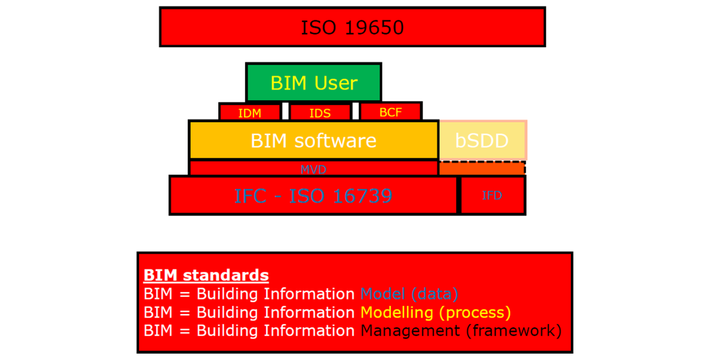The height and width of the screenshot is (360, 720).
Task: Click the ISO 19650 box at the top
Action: coord(352,26)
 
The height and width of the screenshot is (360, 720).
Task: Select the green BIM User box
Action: coord(314,82)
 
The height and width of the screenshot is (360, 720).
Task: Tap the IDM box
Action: coord(250,112)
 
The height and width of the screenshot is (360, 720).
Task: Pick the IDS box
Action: coord(320,112)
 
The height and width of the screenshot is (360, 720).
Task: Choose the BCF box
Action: coord(390,112)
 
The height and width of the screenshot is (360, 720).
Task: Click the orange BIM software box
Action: coord(313,140)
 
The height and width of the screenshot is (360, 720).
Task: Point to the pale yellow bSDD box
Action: coord(482,140)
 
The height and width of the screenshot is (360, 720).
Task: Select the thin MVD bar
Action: coord(313,169)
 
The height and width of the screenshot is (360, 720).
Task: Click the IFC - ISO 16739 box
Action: coord(313,195)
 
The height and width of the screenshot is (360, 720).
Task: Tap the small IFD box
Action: coord(492,195)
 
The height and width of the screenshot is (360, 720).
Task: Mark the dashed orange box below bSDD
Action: coord(481,168)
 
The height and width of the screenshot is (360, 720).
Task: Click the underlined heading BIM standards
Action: coord(206,275)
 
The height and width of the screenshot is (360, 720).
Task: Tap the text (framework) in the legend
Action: coord(514,331)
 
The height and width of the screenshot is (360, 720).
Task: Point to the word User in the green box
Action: coord(336,83)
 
